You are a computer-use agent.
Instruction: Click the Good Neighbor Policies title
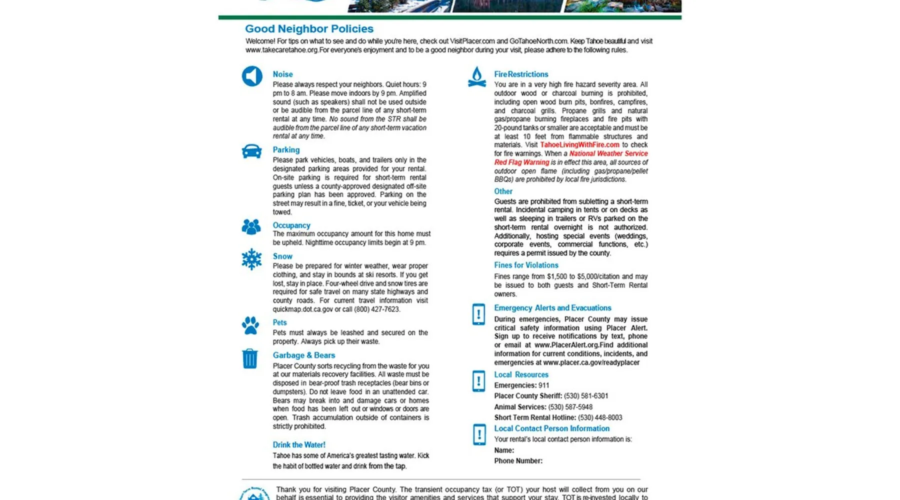tap(309, 29)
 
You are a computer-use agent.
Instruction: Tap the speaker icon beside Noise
tap(252, 76)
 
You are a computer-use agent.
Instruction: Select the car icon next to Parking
tap(251, 151)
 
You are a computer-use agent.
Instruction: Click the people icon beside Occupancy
tap(251, 227)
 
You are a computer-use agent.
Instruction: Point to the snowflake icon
tap(251, 259)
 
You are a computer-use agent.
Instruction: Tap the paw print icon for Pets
tap(250, 325)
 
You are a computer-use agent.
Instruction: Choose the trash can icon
tap(250, 358)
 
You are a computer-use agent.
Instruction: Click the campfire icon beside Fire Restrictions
tap(477, 77)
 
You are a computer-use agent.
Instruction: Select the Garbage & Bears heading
tap(303, 355)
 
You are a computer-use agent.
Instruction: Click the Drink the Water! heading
tap(298, 445)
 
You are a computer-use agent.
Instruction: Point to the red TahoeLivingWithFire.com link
tap(579, 145)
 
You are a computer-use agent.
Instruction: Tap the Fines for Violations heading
tap(526, 265)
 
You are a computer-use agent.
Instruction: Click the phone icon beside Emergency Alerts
tap(478, 314)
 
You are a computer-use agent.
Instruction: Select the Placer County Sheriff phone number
tap(586, 396)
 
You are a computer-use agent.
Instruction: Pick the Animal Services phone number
tap(570, 407)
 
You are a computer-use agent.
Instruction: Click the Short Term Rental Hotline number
tap(600, 417)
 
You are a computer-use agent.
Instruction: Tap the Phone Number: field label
tap(518, 461)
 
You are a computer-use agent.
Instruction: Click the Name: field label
tap(504, 450)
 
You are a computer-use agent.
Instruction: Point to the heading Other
tap(503, 191)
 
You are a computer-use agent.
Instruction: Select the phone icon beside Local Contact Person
tap(479, 434)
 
